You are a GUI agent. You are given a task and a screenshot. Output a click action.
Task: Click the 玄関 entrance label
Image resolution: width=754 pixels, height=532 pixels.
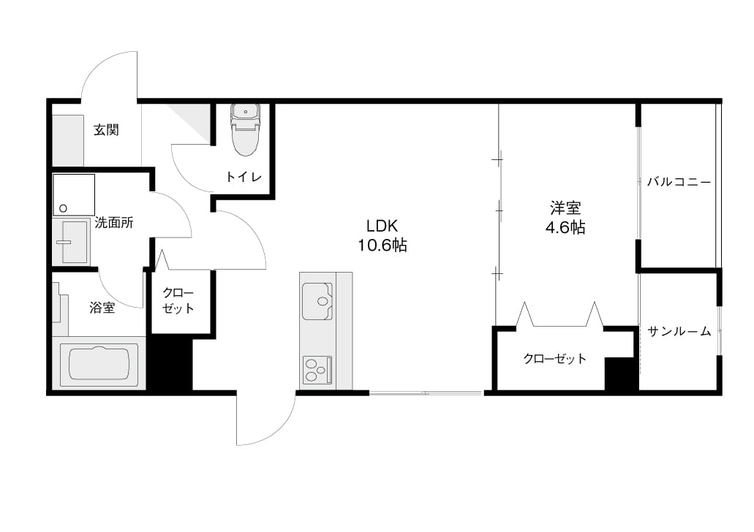coord(106,130)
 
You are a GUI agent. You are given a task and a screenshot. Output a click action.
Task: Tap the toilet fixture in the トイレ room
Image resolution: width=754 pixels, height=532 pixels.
coord(245,129)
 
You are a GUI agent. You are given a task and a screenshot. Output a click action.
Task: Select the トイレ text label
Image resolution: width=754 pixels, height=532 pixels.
coord(244,177)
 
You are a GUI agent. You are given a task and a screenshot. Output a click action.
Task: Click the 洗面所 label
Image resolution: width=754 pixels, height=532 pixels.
coord(114,222)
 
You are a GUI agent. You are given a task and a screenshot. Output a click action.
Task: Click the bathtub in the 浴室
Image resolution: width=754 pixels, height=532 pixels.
coord(99,363)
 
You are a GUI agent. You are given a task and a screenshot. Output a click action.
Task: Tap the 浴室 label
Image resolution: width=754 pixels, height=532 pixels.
coord(102,308)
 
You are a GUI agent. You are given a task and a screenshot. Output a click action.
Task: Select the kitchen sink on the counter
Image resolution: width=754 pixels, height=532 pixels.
coord(317,301)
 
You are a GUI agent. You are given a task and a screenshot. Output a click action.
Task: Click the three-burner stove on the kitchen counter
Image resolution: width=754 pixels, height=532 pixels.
coord(317,369)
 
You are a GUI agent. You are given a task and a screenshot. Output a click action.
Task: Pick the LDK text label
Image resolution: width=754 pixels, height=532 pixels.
coord(382,225)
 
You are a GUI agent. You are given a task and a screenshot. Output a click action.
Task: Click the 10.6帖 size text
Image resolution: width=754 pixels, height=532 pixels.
coord(382,246)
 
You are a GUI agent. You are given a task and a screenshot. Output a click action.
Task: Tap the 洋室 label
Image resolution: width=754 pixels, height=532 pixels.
coord(565,208)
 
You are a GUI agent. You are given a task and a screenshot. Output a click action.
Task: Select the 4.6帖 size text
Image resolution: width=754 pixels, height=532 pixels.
coord(565,227)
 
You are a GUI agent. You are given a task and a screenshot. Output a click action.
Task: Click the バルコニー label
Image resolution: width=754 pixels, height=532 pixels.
coord(679,182)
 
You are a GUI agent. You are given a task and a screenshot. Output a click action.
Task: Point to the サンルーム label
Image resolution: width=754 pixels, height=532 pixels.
coord(679,331)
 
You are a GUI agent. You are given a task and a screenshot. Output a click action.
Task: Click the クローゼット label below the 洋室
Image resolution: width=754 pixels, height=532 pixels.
coord(555,359)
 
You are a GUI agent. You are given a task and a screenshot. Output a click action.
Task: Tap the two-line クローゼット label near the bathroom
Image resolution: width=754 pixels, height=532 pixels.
coord(178,300)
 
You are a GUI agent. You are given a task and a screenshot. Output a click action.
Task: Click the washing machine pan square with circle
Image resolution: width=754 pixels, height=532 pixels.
coord(74,194)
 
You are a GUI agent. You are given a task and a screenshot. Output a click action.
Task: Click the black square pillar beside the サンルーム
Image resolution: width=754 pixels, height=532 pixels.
coord(622,374)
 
